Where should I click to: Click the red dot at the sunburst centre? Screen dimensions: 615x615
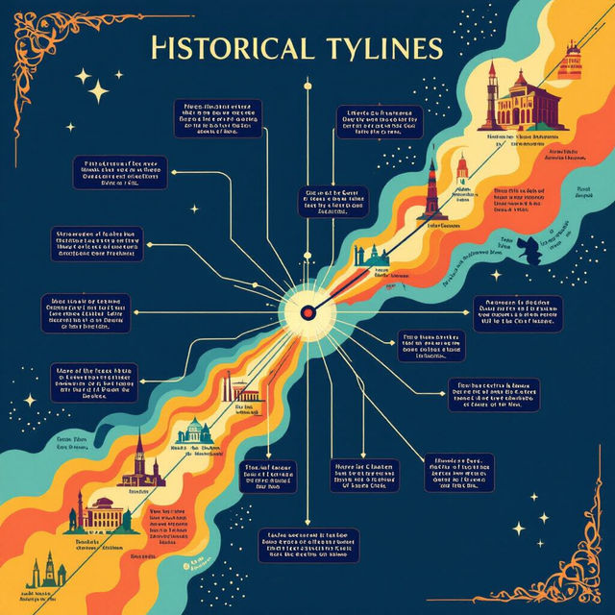(307, 311)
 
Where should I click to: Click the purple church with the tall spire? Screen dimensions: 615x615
(140, 459)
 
